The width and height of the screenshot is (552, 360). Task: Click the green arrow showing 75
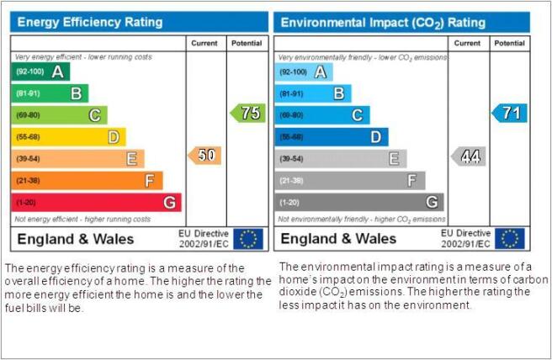pyautogui.click(x=248, y=113)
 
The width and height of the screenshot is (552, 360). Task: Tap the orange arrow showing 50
pyautogui.click(x=204, y=156)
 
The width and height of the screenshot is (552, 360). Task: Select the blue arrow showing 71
pyautogui.click(x=509, y=113)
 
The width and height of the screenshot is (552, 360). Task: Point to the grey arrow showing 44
pyautogui.click(x=468, y=156)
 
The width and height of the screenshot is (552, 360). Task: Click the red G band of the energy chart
pyautogui.click(x=96, y=203)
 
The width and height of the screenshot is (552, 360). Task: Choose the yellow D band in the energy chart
pyautogui.click(x=68, y=137)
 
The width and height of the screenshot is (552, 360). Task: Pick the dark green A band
pyautogui.click(x=40, y=71)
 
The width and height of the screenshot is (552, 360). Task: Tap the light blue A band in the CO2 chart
pyautogui.click(x=304, y=72)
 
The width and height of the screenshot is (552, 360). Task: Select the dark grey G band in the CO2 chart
pyautogui.click(x=359, y=203)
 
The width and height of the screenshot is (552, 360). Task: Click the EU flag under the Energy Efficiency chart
pyautogui.click(x=248, y=239)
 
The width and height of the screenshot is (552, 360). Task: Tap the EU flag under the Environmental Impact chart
pyautogui.click(x=510, y=239)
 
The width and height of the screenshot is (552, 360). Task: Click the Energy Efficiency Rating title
pyautogui.click(x=90, y=22)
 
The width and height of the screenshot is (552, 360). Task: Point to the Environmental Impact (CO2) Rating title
pyautogui.click(x=383, y=23)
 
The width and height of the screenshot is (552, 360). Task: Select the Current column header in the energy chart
pyautogui.click(x=204, y=43)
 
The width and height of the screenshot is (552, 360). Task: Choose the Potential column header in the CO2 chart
pyautogui.click(x=509, y=43)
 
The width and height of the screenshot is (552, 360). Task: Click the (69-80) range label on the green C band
pyautogui.click(x=28, y=115)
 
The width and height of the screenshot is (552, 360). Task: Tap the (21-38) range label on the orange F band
pyautogui.click(x=28, y=181)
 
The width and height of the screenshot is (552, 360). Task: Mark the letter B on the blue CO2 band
pyautogui.click(x=339, y=93)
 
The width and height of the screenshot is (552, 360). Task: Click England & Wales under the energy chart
pyautogui.click(x=76, y=239)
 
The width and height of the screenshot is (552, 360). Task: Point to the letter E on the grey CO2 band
pyautogui.click(x=395, y=159)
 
